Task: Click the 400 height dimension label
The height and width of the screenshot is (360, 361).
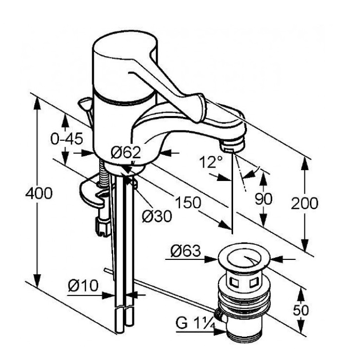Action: coord(39,193)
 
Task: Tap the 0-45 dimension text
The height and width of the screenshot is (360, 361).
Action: coord(66,139)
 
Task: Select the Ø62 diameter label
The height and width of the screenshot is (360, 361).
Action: coord(126,152)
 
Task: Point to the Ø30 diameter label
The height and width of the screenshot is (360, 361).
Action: coord(157,216)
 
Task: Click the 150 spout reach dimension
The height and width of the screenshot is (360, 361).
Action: coord(188,202)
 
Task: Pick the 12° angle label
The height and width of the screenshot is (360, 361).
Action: coord(211,162)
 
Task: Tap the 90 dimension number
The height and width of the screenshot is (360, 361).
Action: coord(263,199)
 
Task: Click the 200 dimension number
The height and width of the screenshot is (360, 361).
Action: coord(304,203)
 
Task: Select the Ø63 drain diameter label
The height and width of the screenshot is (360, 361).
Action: coord(185,251)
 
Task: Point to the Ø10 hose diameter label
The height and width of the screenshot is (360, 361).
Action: coord(83,286)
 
